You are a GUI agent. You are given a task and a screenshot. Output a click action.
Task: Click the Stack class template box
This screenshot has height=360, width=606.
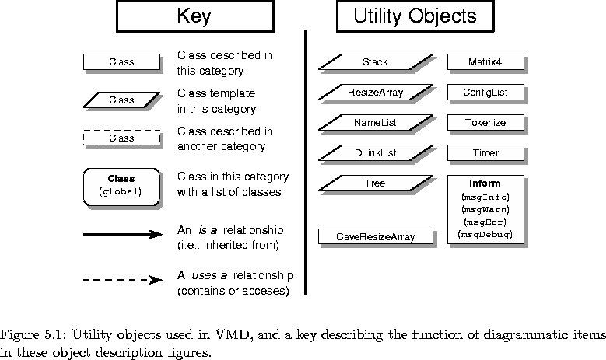[x=375, y=62]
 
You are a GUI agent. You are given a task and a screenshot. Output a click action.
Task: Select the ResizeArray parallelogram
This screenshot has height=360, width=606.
[x=375, y=93]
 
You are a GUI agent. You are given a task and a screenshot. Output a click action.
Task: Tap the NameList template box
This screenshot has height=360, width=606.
[x=375, y=123]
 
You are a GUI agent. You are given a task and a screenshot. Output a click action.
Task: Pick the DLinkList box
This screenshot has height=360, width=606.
[x=375, y=153]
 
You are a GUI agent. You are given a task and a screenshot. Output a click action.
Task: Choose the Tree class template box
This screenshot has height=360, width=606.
[x=375, y=183]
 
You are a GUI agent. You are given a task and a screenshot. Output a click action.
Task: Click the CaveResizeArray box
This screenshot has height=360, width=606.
[x=375, y=236]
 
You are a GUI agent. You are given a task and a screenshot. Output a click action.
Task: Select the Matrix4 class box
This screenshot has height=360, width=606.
[x=485, y=62]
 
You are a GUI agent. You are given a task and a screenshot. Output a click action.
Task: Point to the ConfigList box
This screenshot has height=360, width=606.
[x=485, y=93]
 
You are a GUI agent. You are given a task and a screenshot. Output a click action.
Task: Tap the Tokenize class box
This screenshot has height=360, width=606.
[x=485, y=123]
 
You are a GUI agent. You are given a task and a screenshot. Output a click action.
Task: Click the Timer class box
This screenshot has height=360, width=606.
[x=485, y=153]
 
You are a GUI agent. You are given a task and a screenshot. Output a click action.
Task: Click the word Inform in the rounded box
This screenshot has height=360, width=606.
[x=485, y=183]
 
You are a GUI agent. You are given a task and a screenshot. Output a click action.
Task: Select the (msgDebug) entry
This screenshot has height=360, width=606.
[x=485, y=233]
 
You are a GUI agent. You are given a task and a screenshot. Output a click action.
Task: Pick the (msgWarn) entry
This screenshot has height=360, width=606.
[x=485, y=208]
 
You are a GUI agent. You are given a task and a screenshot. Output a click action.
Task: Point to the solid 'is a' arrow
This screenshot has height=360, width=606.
[x=121, y=233]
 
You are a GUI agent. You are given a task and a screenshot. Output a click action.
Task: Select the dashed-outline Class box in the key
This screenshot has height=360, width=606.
[x=121, y=138]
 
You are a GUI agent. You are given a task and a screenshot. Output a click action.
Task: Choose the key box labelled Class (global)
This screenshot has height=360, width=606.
[x=121, y=184]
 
